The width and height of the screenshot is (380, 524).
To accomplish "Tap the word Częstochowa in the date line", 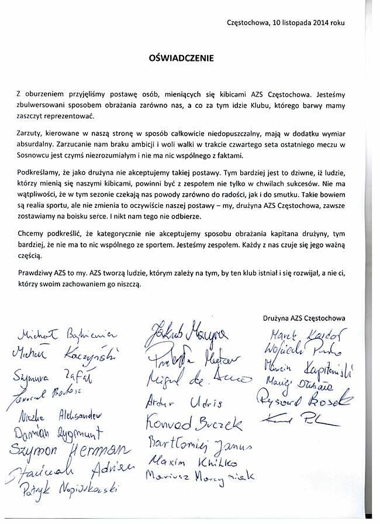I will (x=248, y=23).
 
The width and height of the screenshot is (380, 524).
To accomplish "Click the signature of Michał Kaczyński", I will (x=64, y=355).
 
